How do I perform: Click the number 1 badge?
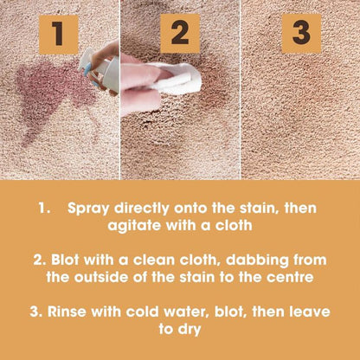pos(59,35)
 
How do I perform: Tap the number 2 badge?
pos(180,34)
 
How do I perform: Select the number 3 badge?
pos(301,34)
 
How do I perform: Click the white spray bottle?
pos(101,71)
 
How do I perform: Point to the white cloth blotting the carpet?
pos(176,77)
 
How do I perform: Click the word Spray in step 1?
pos(88,209)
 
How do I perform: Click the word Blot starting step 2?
pos(65,260)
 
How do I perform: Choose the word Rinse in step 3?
pos(67,312)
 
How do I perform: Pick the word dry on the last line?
pos(190,330)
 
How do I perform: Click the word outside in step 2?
pos(101,278)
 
